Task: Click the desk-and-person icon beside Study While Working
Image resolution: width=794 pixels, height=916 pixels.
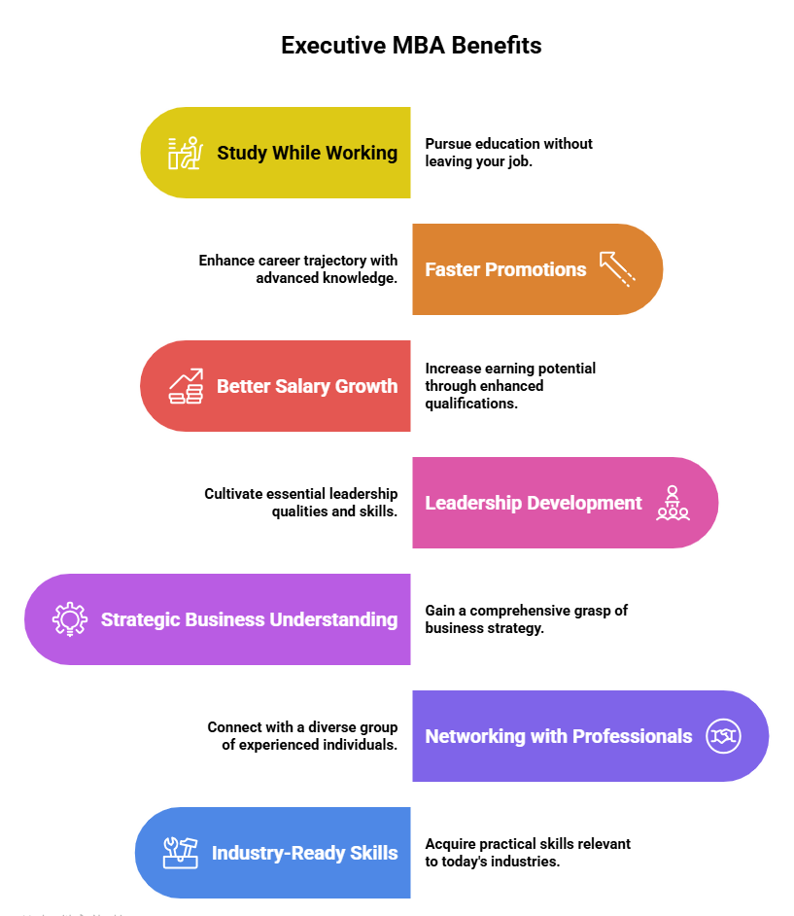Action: pos(185,153)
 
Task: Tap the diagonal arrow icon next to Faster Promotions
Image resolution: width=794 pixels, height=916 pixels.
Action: pos(616,268)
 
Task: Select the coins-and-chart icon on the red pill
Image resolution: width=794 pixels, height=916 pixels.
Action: pos(186,386)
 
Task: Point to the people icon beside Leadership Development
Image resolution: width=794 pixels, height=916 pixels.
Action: pos(672,503)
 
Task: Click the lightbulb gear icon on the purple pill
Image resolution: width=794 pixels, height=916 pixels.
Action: pos(70,619)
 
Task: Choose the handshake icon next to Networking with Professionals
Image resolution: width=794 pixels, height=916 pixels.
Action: pos(723,736)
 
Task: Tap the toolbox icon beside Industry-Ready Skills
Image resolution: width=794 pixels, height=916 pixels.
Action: pos(181,853)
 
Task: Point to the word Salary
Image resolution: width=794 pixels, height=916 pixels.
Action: pos(303,386)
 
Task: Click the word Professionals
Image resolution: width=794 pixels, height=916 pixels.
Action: pos(633,736)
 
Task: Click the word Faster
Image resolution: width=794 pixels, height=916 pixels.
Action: pos(452,269)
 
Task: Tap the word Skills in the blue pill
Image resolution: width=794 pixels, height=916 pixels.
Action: pos(373,853)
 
